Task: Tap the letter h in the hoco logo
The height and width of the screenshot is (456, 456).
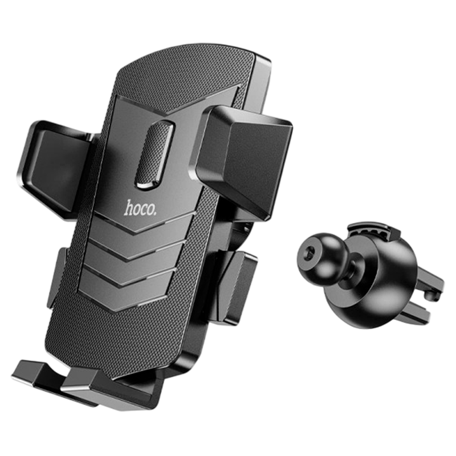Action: pos(129,207)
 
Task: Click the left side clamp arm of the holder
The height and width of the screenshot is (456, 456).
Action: pos(56,168)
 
